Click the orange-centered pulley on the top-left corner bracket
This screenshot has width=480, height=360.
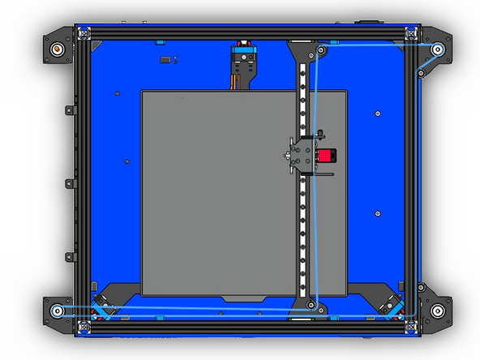pyautogui.click(x=57, y=48)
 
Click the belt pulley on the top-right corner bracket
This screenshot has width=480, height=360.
pyautogui.click(x=438, y=49)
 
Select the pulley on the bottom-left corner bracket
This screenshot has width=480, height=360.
pyautogui.click(x=56, y=311)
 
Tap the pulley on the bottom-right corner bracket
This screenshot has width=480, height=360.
pyautogui.click(x=438, y=311)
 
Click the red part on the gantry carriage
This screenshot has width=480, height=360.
pyautogui.click(x=325, y=156)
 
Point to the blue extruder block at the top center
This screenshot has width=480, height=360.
pyautogui.click(x=242, y=55)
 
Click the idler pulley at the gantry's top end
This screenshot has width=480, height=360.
pyautogui.click(x=322, y=51)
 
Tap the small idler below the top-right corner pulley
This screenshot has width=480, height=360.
pyautogui.click(x=421, y=74)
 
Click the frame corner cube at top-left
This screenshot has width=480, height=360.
pyautogui.click(x=81, y=32)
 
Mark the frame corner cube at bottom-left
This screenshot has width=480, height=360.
pyautogui.click(x=81, y=328)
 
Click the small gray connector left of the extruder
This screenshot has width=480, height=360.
pyautogui.click(x=165, y=59)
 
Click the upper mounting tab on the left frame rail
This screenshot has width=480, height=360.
pyautogui.click(x=67, y=109)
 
